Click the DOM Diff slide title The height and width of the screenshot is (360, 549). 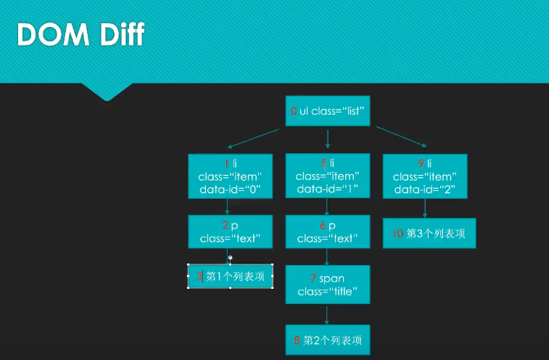coord(81,33)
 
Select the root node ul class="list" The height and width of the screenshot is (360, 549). coord(328,111)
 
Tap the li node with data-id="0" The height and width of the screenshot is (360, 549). coord(230,176)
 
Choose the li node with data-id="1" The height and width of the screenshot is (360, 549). coord(328,176)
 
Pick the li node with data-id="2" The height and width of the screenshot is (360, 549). coord(425,176)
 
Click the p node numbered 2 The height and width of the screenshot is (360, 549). coord(230,232)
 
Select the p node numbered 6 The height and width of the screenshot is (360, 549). coord(328,232)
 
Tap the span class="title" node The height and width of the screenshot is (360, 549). coord(328,285)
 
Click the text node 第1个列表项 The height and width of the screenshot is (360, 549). coord(231,276)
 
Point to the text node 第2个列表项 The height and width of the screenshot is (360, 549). coord(328,340)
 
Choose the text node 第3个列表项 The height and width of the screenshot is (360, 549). coord(429,233)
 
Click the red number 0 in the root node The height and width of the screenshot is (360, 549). coord(294,112)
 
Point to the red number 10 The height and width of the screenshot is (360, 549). coord(397,234)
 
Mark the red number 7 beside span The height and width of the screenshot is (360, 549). coord(313,279)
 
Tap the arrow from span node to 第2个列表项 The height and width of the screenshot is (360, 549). coord(328,314)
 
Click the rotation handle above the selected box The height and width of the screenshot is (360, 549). coord(231,258)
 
